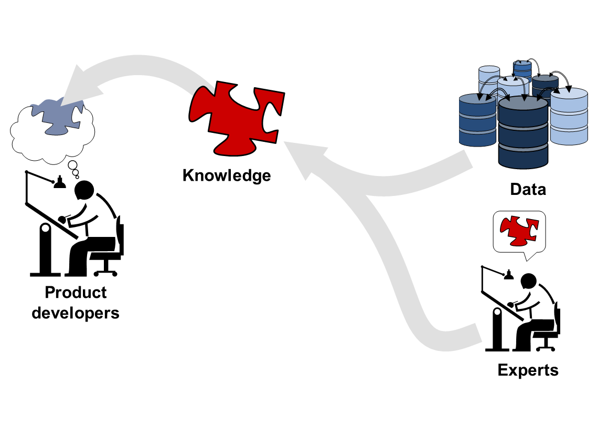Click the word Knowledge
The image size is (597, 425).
click(x=227, y=175)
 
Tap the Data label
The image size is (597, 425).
click(x=528, y=189)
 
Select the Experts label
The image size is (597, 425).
click(x=528, y=370)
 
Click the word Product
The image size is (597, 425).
click(x=76, y=293)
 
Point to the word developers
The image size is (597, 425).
click(x=76, y=313)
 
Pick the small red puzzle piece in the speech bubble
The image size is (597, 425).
click(x=518, y=231)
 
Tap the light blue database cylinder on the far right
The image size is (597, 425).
click(x=569, y=117)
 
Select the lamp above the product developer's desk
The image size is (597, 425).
click(x=60, y=183)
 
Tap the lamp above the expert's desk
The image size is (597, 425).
click(x=508, y=275)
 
